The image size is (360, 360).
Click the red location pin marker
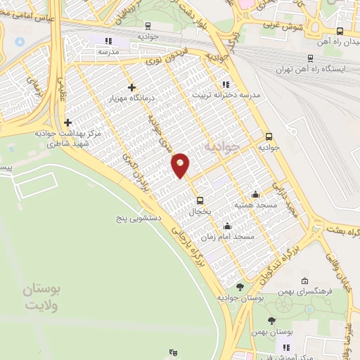click(x=181, y=165)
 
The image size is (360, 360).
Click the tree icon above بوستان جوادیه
click(x=240, y=287)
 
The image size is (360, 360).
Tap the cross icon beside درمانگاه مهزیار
click(x=131, y=88)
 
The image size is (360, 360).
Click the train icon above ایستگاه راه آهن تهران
click(x=311, y=59)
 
